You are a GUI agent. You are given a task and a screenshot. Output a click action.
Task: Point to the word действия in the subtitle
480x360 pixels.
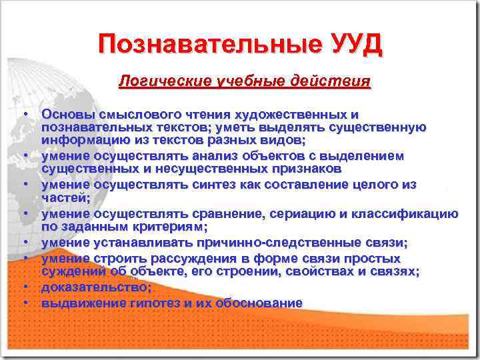tap(333, 81)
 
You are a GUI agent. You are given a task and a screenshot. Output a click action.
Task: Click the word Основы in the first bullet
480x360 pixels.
tap(64, 114)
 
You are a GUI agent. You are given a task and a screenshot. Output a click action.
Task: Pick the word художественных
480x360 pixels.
tap(295, 114)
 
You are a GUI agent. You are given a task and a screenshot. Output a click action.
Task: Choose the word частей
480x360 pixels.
tap(64, 198)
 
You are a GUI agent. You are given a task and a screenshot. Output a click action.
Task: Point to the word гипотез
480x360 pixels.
tap(161, 303)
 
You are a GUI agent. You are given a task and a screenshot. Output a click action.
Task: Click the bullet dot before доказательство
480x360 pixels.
tap(25, 287)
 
